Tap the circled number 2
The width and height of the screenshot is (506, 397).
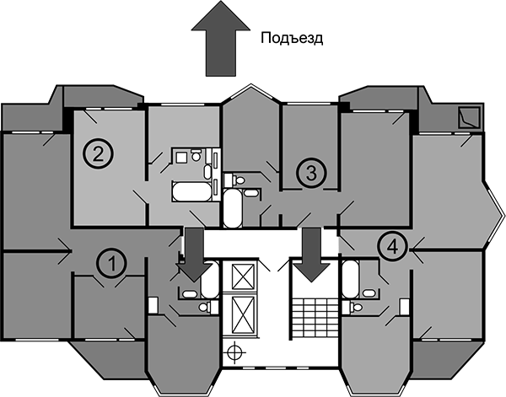[x=97, y=154]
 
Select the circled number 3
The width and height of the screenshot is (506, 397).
[x=310, y=174]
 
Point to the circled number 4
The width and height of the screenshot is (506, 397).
[x=390, y=247]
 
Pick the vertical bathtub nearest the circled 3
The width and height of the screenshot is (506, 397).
[x=233, y=207]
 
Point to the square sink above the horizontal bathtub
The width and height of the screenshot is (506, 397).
[x=180, y=155]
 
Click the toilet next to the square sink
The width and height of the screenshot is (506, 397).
[x=196, y=155]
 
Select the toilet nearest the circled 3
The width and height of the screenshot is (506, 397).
[x=238, y=180]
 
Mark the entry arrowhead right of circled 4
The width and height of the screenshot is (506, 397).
[x=416, y=247]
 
